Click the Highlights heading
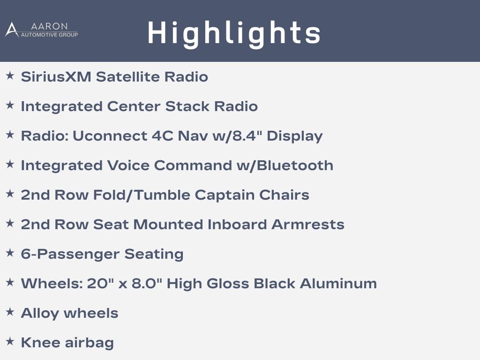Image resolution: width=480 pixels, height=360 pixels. pos(234,33)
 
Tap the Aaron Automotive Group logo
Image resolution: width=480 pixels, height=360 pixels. pos(42,30)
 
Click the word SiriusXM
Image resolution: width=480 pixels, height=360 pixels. pos(56,76)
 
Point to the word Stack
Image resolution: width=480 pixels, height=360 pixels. pos(187,106)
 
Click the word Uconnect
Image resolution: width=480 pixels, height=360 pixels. pos(110,136)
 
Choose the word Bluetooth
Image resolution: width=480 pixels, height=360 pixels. pos(295,165)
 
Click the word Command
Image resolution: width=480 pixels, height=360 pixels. pos(193,165)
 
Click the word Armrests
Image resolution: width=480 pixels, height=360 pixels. pos(307,225)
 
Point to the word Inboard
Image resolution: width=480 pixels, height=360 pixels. pos(237,225)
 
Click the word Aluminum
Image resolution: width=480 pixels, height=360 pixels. pos(338,284)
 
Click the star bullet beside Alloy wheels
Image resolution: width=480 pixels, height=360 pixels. pos(10,312)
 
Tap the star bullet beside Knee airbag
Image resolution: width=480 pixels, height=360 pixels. pos(10,341)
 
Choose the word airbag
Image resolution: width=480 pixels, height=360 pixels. pos(89,343)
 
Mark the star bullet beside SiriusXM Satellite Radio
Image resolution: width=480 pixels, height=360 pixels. pos(10,75)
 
